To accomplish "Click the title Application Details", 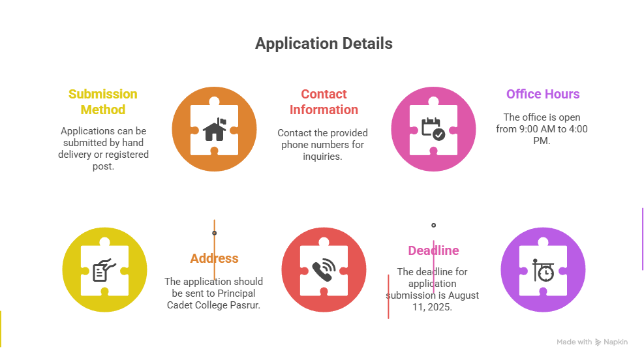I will [x=324, y=44].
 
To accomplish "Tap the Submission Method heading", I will [x=102, y=102].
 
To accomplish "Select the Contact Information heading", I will [x=324, y=102].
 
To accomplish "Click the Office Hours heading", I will [x=543, y=94].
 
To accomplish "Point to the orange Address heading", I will [x=214, y=258].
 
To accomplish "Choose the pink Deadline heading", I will [x=433, y=250].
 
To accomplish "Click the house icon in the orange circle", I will [x=214, y=129].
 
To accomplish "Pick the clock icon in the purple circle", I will [x=543, y=271].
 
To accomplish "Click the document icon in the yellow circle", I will [x=103, y=271].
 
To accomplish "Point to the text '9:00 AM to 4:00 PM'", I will [x=542, y=134].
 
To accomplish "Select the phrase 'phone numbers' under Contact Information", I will [x=323, y=144].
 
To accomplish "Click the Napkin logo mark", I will [x=598, y=342].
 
